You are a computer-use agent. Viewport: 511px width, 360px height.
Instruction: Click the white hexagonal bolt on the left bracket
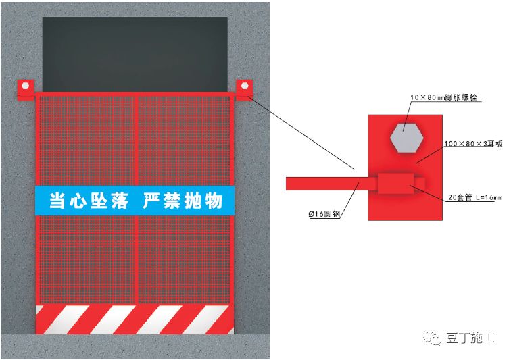point(26,86)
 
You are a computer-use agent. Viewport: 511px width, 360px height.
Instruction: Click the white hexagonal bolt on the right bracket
point(245,86)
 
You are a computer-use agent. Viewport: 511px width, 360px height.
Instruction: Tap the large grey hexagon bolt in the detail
point(406,138)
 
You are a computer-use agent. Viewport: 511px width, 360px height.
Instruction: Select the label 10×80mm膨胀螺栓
point(443,97)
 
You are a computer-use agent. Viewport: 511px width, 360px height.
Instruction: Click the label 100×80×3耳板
point(473,144)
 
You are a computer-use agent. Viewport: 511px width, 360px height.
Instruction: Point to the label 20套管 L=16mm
point(475,197)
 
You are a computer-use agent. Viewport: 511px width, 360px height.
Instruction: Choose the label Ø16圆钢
point(324,214)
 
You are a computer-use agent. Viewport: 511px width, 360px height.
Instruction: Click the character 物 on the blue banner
point(214,201)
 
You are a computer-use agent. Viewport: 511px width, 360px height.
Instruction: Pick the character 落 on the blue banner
point(119,201)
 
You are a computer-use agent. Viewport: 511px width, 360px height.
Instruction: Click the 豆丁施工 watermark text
point(470,338)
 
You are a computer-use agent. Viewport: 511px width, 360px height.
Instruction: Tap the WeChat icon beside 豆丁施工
point(433,338)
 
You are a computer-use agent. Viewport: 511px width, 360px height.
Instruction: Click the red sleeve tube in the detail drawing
point(395,184)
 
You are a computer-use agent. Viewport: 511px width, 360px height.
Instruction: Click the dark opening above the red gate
point(135,55)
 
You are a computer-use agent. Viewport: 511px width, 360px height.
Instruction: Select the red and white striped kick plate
point(135,319)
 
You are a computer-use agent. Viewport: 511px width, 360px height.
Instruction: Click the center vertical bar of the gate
point(137,199)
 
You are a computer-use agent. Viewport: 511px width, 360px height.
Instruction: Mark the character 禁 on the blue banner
point(172,201)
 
